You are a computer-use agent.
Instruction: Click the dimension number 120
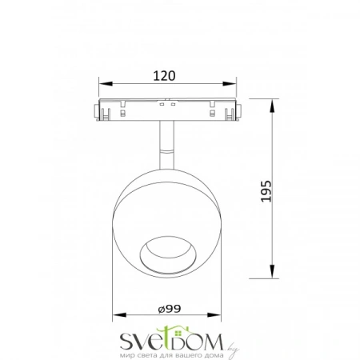click(x=165, y=76)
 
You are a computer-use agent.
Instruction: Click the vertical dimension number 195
click(x=266, y=191)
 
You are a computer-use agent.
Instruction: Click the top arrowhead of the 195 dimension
click(x=273, y=102)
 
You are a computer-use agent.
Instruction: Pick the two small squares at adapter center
click(x=168, y=104)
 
